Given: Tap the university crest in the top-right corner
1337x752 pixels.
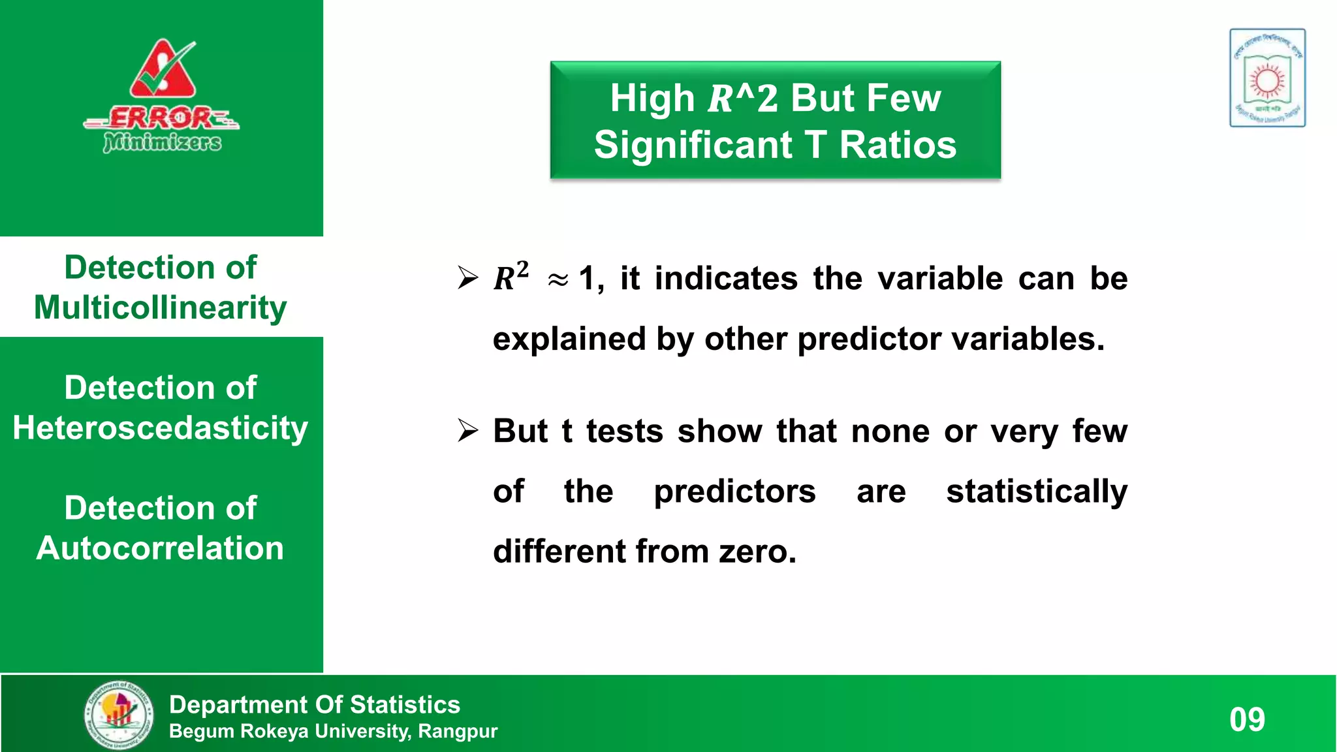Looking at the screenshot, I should point(1267,78).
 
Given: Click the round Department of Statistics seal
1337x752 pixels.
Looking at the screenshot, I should point(119,715).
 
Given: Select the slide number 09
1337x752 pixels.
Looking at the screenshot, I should point(1247,719).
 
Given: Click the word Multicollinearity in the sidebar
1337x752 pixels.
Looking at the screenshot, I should point(161,307).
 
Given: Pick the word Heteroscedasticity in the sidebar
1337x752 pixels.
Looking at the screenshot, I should point(161,428).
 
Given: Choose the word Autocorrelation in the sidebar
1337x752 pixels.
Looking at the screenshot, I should point(161,548).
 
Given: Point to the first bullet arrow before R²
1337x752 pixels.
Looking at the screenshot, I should point(467,278).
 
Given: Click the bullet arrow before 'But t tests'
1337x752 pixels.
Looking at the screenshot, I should point(467,431).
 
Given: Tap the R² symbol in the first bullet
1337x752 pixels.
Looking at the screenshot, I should point(511,277).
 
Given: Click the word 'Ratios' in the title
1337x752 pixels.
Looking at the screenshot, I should point(898,145).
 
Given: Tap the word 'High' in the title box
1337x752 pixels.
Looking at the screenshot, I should point(652,98).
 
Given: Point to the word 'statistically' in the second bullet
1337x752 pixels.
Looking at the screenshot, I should point(1037,492).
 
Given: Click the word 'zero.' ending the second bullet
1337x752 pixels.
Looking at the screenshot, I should point(757,552).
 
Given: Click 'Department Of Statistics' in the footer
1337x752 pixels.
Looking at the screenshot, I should point(315,704).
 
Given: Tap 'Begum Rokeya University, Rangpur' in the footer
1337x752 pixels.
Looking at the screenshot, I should point(333,731).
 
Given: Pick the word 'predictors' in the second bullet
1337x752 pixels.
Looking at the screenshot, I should point(734,492).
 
